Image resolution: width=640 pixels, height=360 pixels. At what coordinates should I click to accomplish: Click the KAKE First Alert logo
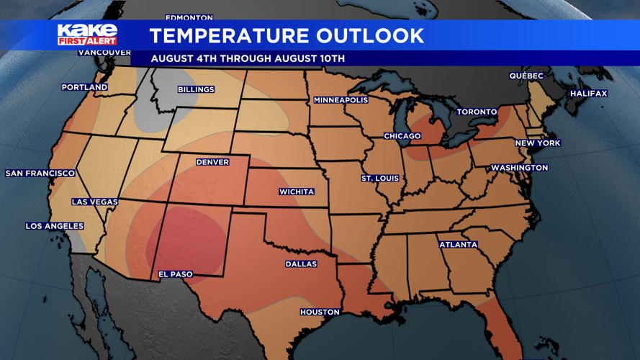87,35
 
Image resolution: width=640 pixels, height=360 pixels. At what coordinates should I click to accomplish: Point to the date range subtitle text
248,58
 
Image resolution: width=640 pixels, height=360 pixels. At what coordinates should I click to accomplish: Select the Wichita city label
297,192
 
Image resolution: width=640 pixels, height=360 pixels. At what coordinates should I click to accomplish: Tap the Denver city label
212,162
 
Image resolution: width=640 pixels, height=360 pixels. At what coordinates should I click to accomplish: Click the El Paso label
176,274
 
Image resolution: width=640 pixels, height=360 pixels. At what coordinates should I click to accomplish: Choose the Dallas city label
301,264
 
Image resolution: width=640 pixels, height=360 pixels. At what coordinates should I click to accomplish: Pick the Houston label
320,312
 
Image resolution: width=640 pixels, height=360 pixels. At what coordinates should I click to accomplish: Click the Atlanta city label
459,245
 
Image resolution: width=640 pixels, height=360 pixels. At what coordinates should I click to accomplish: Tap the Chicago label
402,136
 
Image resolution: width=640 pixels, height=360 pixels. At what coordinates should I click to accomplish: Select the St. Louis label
380,178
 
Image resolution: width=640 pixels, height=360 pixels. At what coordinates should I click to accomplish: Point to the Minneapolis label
341,100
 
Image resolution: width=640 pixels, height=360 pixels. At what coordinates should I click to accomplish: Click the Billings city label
196,89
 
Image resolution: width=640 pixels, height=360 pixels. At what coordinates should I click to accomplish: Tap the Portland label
84,87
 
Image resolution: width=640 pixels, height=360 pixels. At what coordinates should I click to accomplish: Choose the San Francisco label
40,174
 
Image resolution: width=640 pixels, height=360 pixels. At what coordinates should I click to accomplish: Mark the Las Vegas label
94,202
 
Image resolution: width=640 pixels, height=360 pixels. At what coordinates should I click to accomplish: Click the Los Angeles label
55,226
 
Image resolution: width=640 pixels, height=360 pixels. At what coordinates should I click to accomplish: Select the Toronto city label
477,112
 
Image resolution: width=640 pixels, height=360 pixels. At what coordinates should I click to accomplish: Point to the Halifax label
589,94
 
